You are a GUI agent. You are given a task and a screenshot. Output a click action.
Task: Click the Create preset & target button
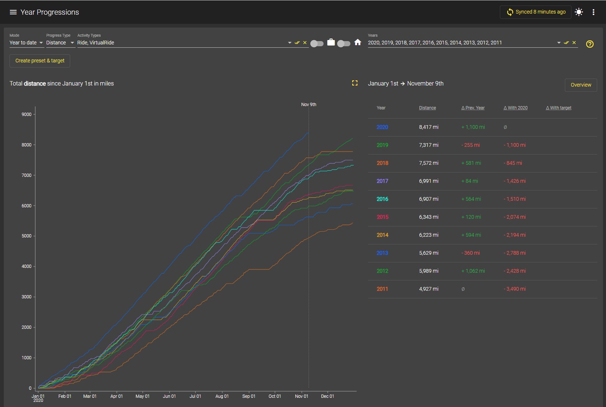pos(40,61)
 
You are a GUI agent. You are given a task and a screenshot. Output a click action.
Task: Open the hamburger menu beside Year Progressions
pos(13,12)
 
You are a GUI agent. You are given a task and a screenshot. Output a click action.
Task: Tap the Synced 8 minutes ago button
pos(535,12)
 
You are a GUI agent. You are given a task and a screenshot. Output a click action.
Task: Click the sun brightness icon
pos(579,12)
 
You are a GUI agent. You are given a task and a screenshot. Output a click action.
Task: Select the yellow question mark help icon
pos(590,44)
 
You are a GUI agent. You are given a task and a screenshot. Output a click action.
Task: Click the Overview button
pos(581,85)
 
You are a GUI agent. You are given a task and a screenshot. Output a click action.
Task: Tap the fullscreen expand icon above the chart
pos(355,83)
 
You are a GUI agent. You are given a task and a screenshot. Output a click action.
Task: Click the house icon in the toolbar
pos(358,43)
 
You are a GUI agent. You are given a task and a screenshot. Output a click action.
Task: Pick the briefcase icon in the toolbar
pos(331,43)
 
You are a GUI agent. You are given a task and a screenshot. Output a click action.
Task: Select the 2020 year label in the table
pos(382,127)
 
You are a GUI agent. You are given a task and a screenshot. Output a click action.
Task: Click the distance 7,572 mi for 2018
pos(429,163)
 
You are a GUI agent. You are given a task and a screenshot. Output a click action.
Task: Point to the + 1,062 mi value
pos(473,271)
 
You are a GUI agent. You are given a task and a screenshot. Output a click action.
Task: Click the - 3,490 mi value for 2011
pos(515,289)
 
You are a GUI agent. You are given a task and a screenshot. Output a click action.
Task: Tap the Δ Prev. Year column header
pos(473,108)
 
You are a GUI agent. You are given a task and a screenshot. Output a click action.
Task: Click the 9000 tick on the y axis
pos(26,114)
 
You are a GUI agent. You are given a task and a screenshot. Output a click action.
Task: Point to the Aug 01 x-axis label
pos(222,396)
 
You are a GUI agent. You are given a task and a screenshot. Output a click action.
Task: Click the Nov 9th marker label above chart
pos(309,105)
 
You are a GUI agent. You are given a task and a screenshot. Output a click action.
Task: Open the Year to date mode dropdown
pos(26,43)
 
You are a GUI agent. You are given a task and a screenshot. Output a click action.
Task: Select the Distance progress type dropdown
pos(60,43)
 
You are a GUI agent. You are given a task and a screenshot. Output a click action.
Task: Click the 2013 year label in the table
pos(382,253)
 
